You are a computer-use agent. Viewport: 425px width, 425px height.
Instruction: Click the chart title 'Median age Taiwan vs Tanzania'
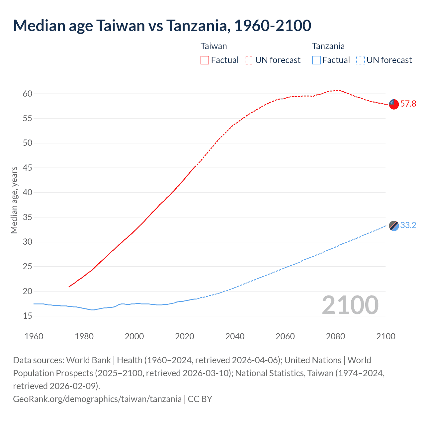click(x=162, y=26)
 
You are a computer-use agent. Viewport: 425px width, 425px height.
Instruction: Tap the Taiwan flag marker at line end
click(x=393, y=104)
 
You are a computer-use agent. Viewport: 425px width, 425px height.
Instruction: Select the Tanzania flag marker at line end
click(x=393, y=225)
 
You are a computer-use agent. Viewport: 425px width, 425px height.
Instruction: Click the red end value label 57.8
click(x=408, y=104)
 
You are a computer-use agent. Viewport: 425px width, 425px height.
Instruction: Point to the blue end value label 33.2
click(x=408, y=225)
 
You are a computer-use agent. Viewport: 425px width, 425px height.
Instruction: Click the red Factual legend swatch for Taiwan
click(x=205, y=60)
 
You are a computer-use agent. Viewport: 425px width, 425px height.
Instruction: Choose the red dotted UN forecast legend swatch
click(x=249, y=60)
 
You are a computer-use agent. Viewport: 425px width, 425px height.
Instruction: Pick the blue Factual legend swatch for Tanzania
click(x=316, y=60)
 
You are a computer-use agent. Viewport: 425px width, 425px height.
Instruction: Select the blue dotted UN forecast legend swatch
click(x=360, y=60)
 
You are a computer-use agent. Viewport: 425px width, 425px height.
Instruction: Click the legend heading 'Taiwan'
click(x=214, y=46)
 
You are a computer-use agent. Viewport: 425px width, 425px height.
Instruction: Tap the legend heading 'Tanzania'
click(x=328, y=46)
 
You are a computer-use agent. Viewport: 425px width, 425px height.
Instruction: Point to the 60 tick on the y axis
click(x=28, y=94)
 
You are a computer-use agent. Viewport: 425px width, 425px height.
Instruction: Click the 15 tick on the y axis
click(x=28, y=316)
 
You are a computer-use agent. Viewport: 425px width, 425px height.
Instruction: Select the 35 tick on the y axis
click(x=28, y=217)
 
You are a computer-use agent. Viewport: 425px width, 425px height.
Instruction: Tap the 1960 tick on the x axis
click(x=34, y=336)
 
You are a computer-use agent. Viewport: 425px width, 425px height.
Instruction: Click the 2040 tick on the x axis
click(x=235, y=336)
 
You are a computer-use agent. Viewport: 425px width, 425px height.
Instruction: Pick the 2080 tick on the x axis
click(x=335, y=336)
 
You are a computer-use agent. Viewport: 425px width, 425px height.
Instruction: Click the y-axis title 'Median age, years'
click(x=14, y=200)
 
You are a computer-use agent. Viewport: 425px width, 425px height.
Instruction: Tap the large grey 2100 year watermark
click(x=350, y=305)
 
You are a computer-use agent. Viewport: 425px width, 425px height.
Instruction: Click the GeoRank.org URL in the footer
click(x=97, y=399)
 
